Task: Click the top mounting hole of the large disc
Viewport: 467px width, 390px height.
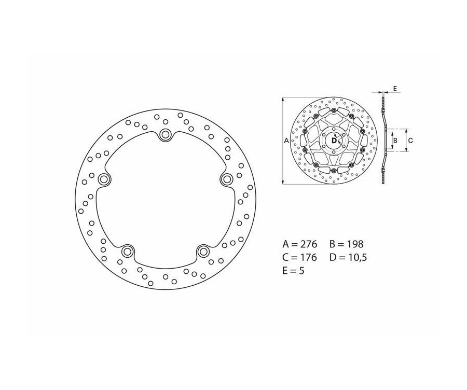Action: point(166,135)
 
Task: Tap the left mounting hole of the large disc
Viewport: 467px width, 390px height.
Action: point(104,179)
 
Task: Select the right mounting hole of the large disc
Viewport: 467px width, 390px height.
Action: point(227,179)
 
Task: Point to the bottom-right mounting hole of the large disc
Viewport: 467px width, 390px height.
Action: point(203,252)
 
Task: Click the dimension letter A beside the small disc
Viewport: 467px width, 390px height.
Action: point(286,141)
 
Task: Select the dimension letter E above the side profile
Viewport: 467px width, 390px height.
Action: point(394,89)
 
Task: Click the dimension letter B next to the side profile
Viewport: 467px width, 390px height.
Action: point(395,141)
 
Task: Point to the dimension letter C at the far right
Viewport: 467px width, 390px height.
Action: point(410,141)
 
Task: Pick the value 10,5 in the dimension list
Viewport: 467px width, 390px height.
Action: point(357,257)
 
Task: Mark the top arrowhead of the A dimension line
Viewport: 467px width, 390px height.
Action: point(283,99)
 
